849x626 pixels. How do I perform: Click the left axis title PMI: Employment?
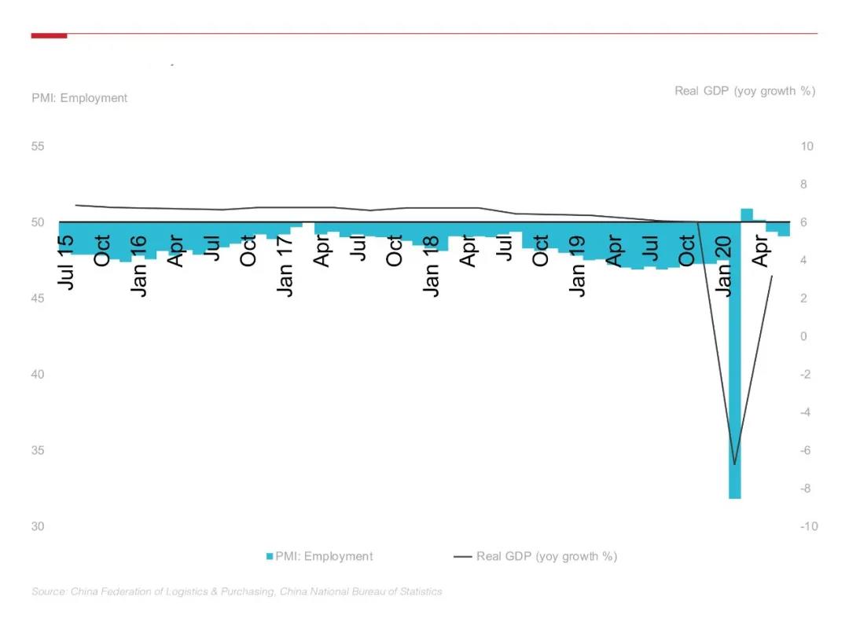[x=79, y=98]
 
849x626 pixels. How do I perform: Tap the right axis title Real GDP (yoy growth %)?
[x=744, y=91]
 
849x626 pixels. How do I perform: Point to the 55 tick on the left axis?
[x=38, y=147]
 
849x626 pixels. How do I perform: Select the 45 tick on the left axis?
[x=38, y=298]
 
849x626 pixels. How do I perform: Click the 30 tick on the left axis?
[x=38, y=526]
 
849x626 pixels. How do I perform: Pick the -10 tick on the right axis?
[x=809, y=526]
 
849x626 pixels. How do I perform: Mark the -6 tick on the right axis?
[x=807, y=450]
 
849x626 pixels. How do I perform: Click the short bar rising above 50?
[x=747, y=214]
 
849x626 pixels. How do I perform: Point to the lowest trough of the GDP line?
[x=735, y=463]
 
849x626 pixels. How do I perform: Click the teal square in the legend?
[x=270, y=556]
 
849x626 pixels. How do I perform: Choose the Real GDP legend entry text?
[x=546, y=556]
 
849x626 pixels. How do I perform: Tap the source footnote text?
[x=237, y=591]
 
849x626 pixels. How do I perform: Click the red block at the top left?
[x=49, y=35]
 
